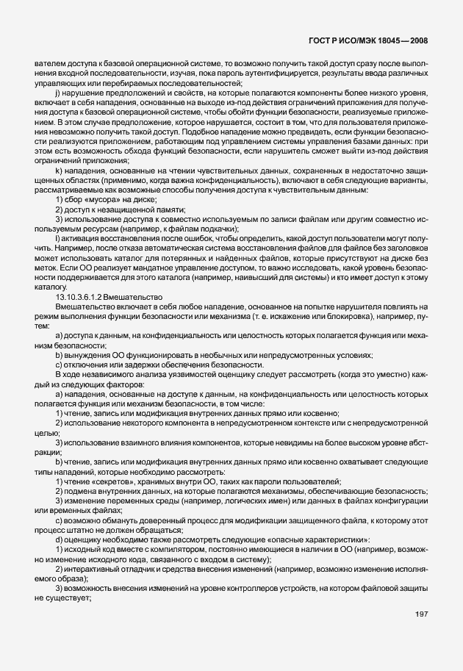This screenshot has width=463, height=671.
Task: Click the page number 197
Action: (421, 634)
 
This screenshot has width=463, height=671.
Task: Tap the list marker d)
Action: (58, 540)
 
